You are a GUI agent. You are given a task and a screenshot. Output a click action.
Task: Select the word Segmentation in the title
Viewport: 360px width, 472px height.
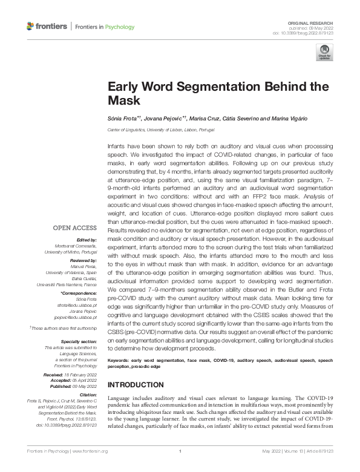pyautogui.click(x=205, y=86)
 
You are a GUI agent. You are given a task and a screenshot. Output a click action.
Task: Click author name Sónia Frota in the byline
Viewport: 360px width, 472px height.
pyautogui.click(x=122, y=118)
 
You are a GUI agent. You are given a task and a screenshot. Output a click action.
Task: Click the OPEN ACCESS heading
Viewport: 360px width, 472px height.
pyautogui.click(x=76, y=228)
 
